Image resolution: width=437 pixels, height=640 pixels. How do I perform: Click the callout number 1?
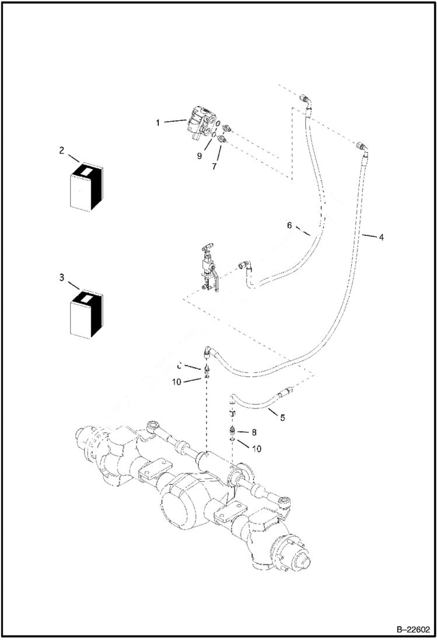(158, 123)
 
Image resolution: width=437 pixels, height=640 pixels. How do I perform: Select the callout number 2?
(61, 150)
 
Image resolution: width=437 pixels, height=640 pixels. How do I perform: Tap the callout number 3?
(61, 278)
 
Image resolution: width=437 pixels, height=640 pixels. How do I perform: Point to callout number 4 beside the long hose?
(381, 237)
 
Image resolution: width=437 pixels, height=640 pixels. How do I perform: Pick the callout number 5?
(282, 418)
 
